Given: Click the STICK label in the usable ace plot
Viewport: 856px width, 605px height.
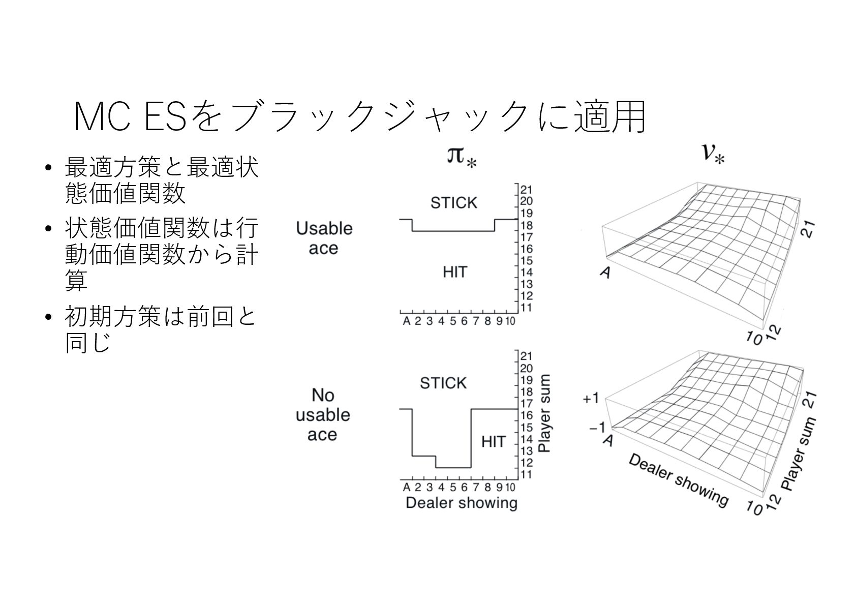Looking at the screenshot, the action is (453, 203).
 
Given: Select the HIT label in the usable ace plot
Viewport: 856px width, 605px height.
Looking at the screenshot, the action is (454, 272).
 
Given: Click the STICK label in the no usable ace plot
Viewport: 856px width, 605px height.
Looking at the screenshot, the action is (443, 383).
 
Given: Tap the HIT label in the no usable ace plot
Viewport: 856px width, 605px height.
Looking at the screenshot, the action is (493, 441).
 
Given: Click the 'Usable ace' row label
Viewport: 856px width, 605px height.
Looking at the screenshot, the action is (324, 238).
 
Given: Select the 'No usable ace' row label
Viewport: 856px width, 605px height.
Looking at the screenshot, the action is (323, 414).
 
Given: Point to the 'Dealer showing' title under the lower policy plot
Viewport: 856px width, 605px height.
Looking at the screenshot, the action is (461, 503).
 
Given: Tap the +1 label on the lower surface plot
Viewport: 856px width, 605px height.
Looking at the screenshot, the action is (592, 399).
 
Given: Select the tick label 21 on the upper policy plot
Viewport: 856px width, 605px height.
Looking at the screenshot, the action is (526, 189).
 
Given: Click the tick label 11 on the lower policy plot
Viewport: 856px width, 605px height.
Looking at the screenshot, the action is (526, 475).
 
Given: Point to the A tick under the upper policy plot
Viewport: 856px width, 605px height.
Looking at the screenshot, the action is (406, 321).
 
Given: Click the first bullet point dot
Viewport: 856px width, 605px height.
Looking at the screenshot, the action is (48, 167).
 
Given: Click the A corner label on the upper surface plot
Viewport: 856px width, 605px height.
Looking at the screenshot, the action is (604, 273).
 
